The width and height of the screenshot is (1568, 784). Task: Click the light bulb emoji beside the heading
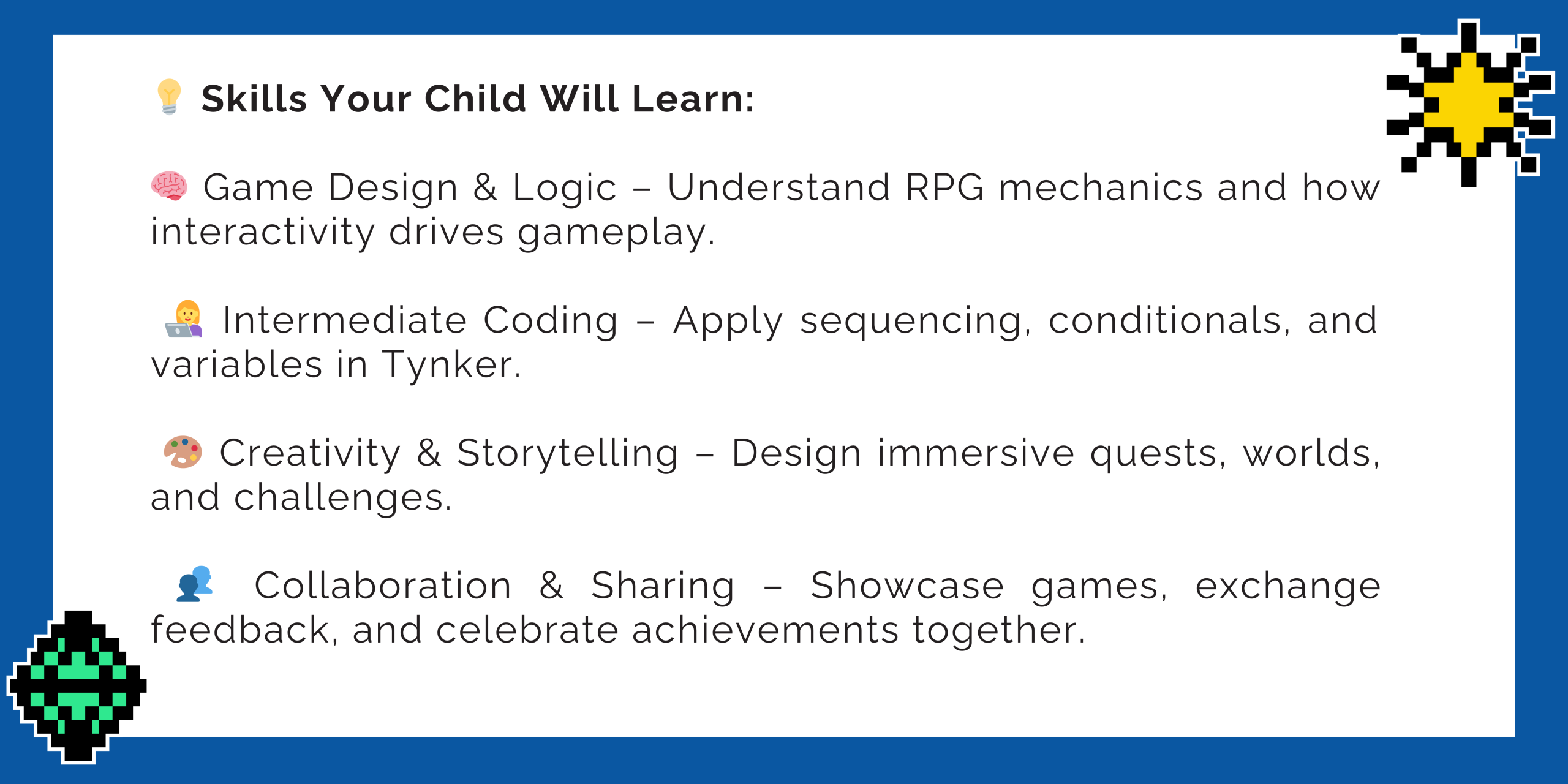(169, 97)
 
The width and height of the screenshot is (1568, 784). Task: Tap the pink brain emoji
(169, 186)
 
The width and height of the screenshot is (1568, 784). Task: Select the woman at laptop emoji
(184, 319)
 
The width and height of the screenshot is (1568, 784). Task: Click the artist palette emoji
(183, 452)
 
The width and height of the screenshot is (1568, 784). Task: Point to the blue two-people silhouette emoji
(195, 584)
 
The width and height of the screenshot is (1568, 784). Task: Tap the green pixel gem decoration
(77, 687)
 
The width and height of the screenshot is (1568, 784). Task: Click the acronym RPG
(944, 187)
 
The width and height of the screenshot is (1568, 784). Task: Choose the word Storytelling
(568, 454)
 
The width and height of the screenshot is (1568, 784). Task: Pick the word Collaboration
(383, 586)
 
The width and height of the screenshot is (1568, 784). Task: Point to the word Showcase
(907, 586)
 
